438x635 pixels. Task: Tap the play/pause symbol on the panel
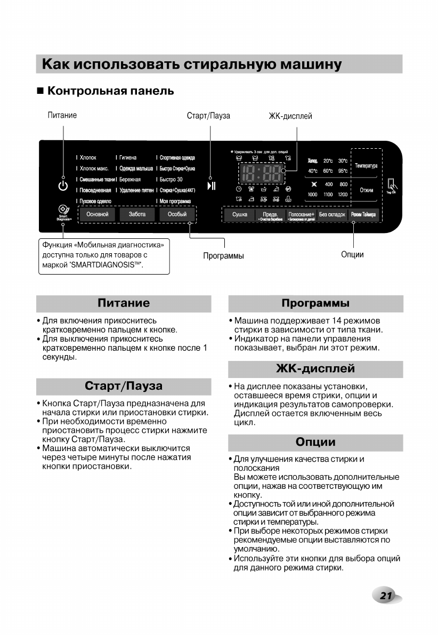[x=212, y=186]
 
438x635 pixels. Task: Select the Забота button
[x=137, y=214]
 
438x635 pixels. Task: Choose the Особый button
[x=177, y=214]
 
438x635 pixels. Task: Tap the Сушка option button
[x=239, y=215]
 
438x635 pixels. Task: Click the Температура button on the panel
[x=366, y=166]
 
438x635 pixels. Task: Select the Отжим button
[x=366, y=190]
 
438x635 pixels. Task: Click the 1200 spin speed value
[x=342, y=195]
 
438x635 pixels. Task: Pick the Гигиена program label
[x=128, y=158]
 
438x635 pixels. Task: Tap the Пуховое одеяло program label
[x=95, y=200]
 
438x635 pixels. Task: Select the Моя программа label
[x=175, y=200]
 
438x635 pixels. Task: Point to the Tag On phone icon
[x=392, y=185]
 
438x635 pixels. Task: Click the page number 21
[x=386, y=596]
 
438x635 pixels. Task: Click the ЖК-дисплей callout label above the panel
[x=290, y=116]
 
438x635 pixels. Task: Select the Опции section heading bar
[x=315, y=442]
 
